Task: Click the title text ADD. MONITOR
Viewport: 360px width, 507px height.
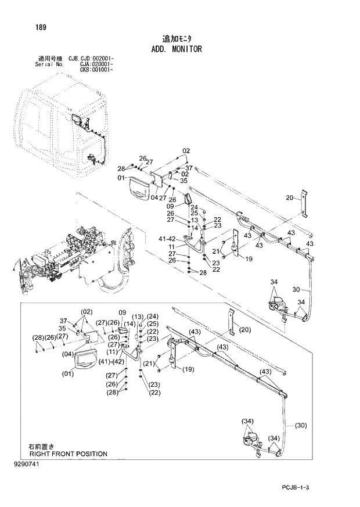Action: tap(174, 49)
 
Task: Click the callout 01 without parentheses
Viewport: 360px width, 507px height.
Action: tap(122, 178)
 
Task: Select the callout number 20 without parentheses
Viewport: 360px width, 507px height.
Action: tap(290, 198)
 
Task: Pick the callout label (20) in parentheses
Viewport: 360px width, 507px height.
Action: tap(245, 330)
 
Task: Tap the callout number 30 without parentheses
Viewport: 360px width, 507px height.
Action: tap(296, 290)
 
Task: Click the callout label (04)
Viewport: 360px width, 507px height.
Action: tap(67, 354)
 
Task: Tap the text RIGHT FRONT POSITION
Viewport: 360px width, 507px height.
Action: tap(68, 454)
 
